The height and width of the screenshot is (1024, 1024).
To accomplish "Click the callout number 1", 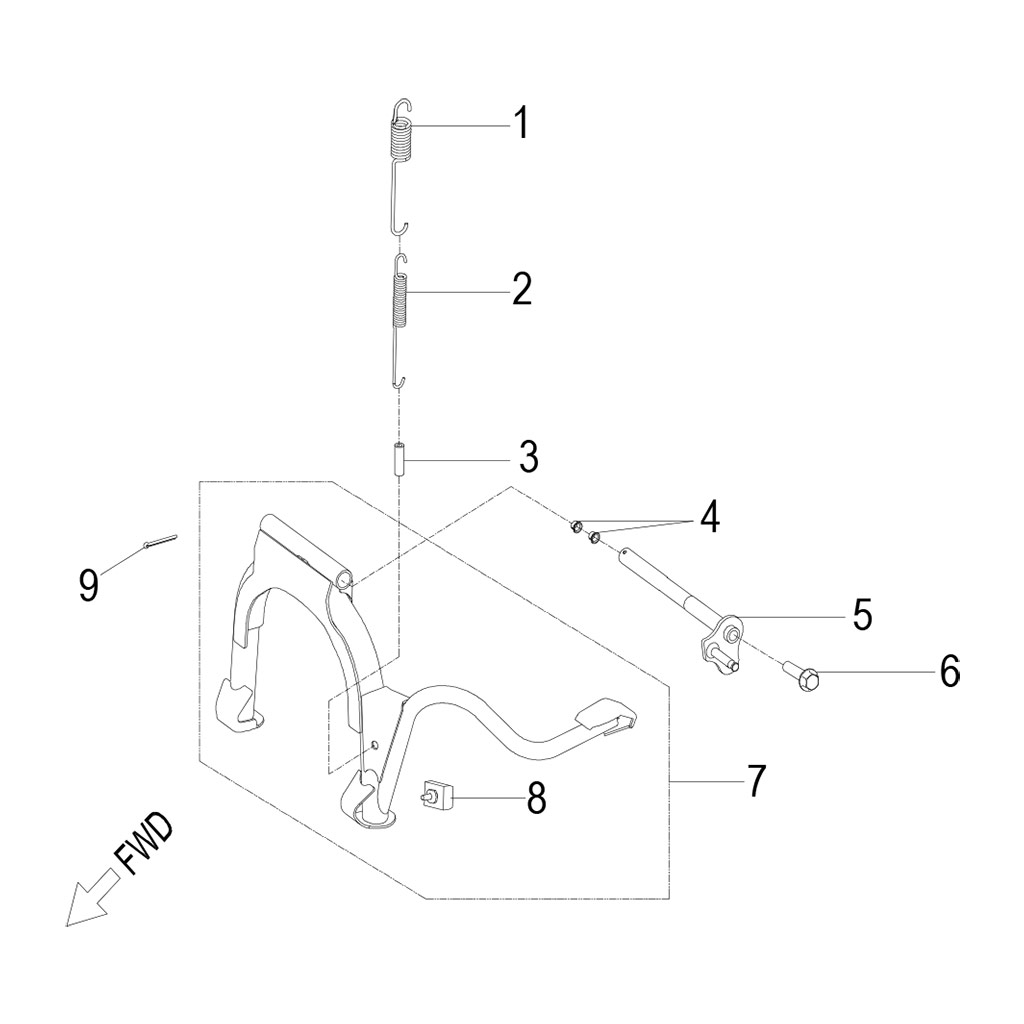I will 520,125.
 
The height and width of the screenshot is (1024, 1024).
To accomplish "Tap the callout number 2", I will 521,290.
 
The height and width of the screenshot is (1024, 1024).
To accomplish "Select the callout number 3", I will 528,458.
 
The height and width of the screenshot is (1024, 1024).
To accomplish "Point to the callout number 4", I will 708,517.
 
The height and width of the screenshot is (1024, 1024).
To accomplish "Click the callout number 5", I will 861,615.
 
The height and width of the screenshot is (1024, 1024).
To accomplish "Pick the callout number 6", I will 948,671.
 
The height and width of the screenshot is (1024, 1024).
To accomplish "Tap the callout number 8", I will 536,798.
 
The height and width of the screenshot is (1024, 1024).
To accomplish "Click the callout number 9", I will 89,585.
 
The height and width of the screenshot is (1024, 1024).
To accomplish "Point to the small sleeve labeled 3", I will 398,460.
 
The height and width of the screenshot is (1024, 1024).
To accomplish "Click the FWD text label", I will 143,843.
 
